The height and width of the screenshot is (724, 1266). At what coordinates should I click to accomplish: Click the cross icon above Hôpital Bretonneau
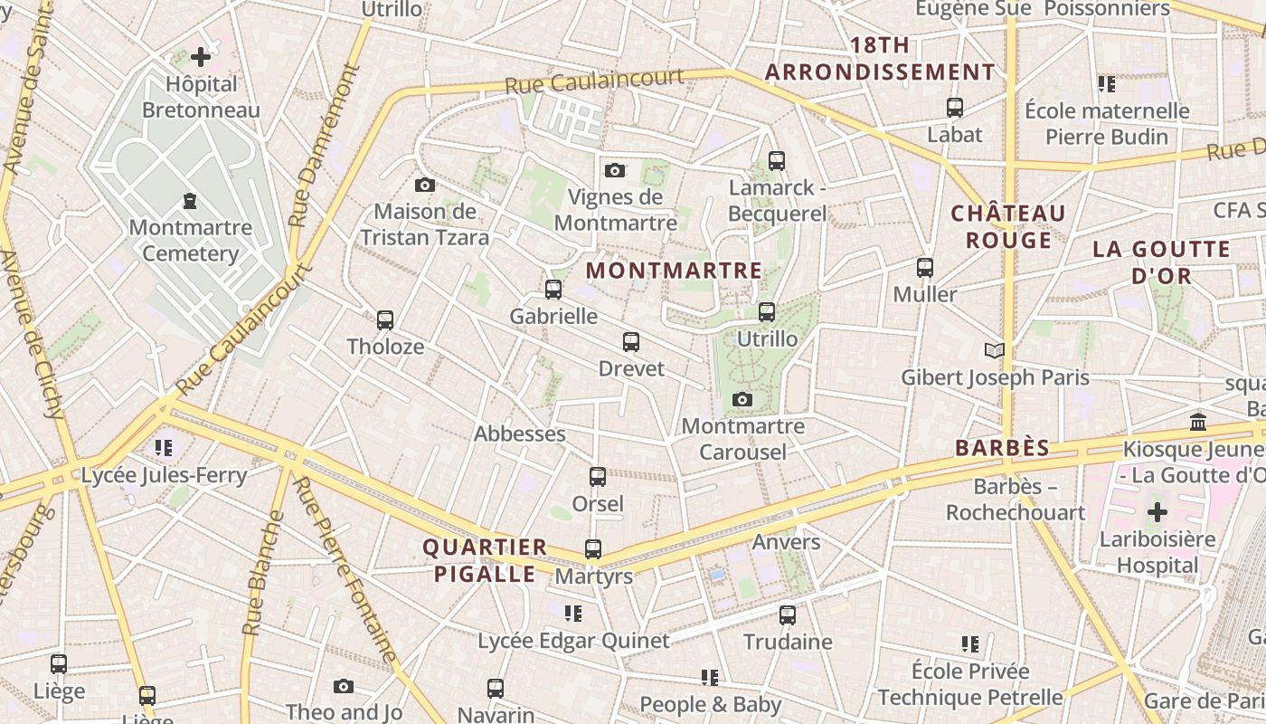pos(201,58)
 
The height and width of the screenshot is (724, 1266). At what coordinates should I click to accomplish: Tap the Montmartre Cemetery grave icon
pos(190,200)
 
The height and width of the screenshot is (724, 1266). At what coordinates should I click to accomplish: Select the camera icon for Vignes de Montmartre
pos(615,170)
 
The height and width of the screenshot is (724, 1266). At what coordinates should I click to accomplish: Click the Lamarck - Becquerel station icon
pos(777,161)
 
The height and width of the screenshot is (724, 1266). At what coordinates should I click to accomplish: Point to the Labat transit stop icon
pos(955,108)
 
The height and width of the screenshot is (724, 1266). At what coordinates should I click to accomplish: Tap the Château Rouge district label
pos(1008,226)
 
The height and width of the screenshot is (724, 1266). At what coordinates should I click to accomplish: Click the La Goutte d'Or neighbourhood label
pos(1161,262)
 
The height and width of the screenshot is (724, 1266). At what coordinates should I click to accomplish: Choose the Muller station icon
pos(925,268)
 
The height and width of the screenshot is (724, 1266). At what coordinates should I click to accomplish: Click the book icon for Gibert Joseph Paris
pos(995,350)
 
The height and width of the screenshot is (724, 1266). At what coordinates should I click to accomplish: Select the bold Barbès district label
pos(1003,448)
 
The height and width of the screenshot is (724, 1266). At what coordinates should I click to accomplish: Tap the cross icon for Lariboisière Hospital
pos(1157,513)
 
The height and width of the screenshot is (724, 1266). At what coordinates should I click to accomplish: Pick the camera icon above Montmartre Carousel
pos(742,399)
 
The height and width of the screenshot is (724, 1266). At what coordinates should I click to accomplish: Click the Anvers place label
pos(787,542)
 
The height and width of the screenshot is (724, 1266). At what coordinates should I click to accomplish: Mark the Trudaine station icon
pos(788,615)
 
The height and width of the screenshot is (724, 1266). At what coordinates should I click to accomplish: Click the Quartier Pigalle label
pos(485,560)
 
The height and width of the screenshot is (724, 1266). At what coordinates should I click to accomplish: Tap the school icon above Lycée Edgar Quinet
pos(573,614)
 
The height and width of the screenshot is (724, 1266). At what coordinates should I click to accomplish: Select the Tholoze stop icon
pos(385,320)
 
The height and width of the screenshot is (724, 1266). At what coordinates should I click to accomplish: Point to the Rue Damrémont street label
pos(324,145)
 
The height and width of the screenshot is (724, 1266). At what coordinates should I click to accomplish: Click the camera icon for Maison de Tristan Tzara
pos(425,186)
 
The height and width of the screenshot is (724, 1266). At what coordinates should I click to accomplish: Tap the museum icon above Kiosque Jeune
pos(1199,423)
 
